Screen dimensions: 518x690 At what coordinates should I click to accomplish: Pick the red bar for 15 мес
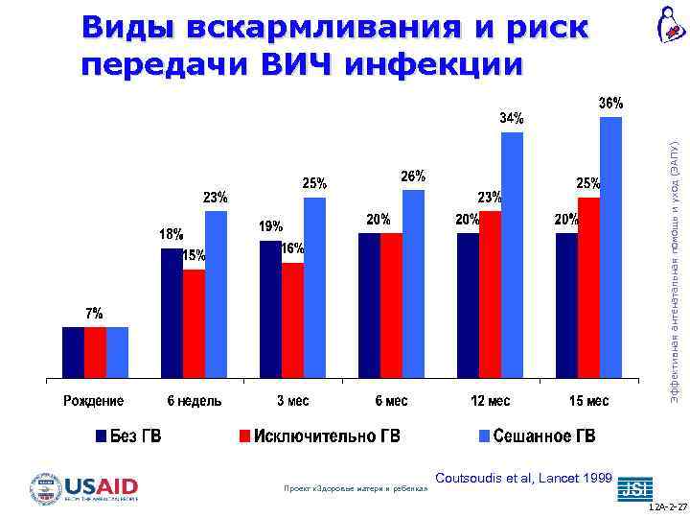pyautogui.click(x=588, y=287)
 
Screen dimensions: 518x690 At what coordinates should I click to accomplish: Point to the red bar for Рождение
pyautogui.click(x=95, y=352)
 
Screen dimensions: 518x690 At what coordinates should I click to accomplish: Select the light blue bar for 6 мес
pyautogui.click(x=413, y=283)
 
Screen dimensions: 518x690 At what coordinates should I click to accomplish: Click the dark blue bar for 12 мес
pyautogui.click(x=468, y=305)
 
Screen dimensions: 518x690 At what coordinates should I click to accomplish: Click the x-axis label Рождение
pyautogui.click(x=95, y=400)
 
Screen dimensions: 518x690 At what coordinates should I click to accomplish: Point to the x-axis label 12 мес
pyautogui.click(x=490, y=400)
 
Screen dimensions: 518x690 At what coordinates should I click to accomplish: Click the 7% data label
pyautogui.click(x=95, y=314)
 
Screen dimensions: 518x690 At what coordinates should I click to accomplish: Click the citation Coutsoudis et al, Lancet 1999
pyautogui.click(x=523, y=477)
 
